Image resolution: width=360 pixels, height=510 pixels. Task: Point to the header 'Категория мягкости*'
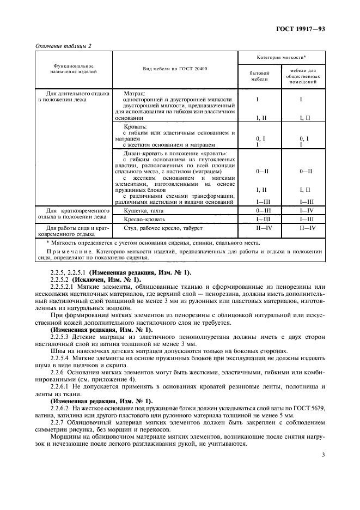(281, 57)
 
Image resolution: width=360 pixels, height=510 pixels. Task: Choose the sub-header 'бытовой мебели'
(259, 75)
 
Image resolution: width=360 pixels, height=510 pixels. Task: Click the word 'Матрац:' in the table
(135, 93)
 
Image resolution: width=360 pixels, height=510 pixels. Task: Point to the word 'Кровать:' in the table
(136, 126)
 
